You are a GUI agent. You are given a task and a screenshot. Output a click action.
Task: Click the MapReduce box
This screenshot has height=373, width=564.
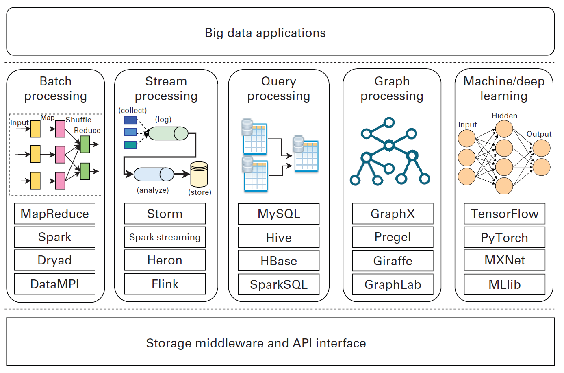54,214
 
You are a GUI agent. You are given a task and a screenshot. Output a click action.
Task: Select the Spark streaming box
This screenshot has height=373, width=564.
165,237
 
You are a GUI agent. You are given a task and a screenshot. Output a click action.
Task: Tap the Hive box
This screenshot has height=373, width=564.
279,238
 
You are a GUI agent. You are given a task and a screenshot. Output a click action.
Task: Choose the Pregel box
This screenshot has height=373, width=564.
393,237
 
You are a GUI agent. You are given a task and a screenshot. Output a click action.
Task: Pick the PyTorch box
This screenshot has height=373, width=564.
504,238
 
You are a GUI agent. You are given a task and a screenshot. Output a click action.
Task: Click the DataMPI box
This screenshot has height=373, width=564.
54,284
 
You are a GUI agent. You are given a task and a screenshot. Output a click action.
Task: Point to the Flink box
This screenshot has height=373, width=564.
165,284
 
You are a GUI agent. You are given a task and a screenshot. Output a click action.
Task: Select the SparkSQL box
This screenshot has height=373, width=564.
279,284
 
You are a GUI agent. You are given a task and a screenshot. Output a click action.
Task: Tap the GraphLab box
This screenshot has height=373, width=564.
393,284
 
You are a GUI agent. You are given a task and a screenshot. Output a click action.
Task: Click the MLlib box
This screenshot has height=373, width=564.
504,284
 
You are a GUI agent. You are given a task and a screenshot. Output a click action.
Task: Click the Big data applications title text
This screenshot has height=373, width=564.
265,33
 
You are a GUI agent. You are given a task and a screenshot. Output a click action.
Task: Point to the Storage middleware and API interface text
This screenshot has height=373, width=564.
256,343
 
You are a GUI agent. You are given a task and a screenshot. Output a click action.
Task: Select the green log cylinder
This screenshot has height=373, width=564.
168,133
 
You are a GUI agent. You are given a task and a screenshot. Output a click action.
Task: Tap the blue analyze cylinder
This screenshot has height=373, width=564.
154,174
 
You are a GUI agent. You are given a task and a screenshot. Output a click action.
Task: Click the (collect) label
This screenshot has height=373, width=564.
132,110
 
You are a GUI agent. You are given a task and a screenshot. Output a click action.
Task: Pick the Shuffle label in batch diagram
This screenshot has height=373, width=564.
78,120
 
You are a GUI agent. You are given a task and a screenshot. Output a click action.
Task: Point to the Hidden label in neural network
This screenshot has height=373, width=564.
504,116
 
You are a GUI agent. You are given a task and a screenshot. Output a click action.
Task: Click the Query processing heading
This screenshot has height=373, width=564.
279,88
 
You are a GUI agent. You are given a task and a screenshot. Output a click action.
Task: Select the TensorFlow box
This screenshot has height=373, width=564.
504,214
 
